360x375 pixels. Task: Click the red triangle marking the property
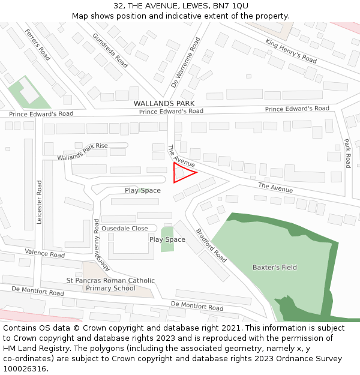(182, 173)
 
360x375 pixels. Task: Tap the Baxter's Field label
(274, 267)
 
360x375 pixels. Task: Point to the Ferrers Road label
(38, 44)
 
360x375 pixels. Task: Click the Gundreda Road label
(110, 50)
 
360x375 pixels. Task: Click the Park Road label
(347, 153)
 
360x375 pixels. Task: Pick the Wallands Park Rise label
(82, 152)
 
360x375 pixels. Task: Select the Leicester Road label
(40, 202)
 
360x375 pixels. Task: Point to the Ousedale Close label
(124, 229)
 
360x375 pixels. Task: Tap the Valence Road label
(44, 254)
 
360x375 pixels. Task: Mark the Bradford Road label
(211, 245)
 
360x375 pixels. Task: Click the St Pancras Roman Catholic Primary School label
(110, 284)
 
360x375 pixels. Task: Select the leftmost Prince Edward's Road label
(41, 114)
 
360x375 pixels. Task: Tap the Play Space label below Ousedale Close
(167, 239)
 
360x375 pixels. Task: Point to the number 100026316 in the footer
(25, 368)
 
